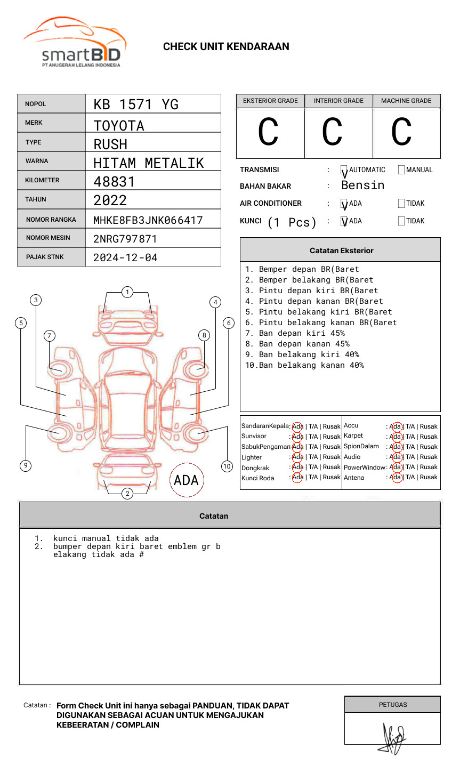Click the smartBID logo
click(x=75, y=43)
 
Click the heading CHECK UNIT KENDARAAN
click(x=226, y=47)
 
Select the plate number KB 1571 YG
click(x=136, y=104)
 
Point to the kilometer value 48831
click(x=114, y=182)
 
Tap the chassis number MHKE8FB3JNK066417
click(x=148, y=220)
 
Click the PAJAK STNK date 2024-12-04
click(x=125, y=257)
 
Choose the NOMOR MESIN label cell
click(x=51, y=238)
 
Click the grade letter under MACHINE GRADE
click(x=401, y=132)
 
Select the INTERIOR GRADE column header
click(x=338, y=101)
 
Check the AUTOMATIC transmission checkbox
click(x=344, y=170)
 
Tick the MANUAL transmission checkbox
click(x=401, y=170)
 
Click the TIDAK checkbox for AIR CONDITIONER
click(x=401, y=204)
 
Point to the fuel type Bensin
click(x=362, y=186)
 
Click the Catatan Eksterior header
click(x=341, y=251)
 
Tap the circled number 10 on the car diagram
click(x=227, y=466)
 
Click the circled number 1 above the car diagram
click(x=127, y=292)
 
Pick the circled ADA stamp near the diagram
click(x=186, y=480)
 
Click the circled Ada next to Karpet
click(x=396, y=437)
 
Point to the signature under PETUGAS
click(x=393, y=738)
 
